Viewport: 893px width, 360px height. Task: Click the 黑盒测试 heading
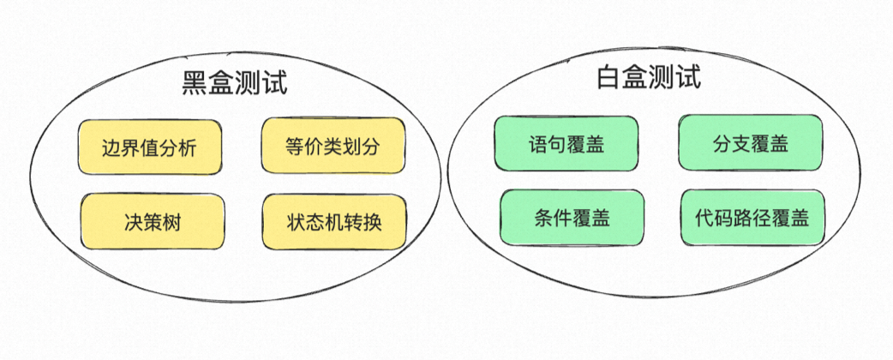coord(234,83)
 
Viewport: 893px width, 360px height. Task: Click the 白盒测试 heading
coord(649,79)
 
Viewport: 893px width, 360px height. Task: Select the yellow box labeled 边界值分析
coord(149,147)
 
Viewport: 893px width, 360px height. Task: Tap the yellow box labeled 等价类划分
coord(333,147)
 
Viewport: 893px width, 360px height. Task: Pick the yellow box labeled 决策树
coord(153,222)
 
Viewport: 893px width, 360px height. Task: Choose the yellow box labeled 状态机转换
coord(334,222)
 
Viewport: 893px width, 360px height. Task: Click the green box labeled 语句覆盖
coord(566,143)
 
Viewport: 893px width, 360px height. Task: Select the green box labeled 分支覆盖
coord(751,143)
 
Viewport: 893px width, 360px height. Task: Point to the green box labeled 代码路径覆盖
coord(752,218)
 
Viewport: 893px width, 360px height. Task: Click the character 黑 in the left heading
coord(195,83)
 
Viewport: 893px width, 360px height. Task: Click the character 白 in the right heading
coord(610,79)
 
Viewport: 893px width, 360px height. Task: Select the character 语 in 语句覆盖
coord(538,143)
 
